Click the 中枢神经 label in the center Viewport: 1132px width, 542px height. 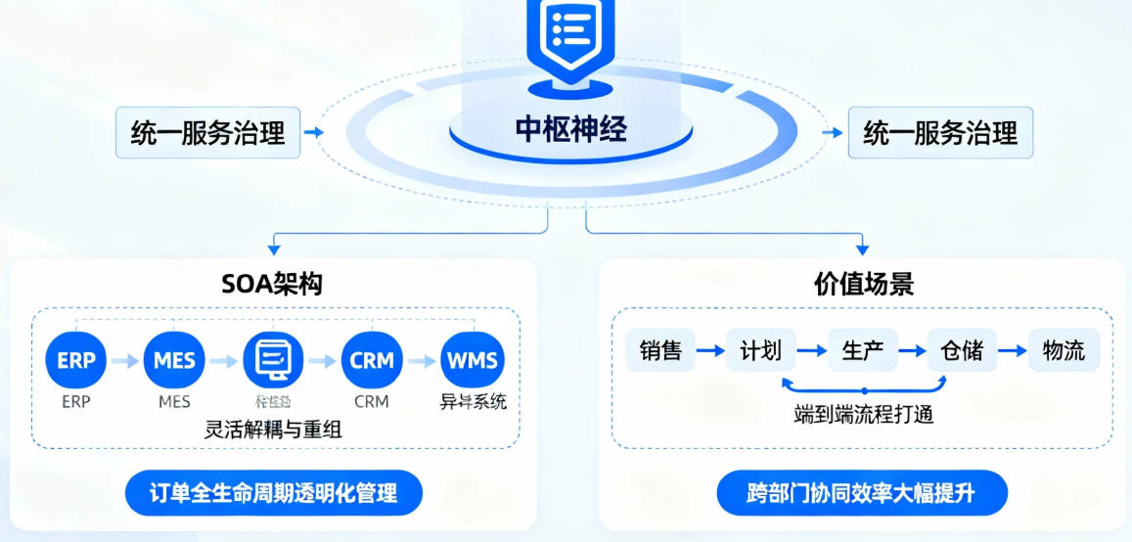click(x=570, y=130)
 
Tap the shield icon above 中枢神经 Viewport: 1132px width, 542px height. click(x=570, y=34)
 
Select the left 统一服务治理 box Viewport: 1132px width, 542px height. click(x=207, y=133)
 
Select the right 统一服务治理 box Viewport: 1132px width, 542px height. click(x=940, y=133)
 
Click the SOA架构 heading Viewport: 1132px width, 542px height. click(x=272, y=284)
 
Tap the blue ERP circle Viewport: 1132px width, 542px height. click(x=75, y=360)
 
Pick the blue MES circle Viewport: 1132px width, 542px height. click(x=174, y=360)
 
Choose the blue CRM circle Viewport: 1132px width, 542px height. click(x=372, y=360)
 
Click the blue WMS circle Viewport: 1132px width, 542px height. click(x=472, y=360)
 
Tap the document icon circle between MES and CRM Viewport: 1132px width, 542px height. click(x=273, y=360)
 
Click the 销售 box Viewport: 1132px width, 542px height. click(x=660, y=350)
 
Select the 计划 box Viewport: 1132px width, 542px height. click(x=761, y=350)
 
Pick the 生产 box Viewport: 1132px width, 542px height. click(x=863, y=350)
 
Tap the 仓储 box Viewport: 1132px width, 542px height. click(x=963, y=350)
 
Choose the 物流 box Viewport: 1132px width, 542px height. click(x=1064, y=350)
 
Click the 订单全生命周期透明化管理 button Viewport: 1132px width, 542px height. click(x=274, y=493)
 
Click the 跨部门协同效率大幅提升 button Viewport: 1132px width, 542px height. click(x=862, y=493)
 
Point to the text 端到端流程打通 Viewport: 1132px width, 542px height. click(x=863, y=414)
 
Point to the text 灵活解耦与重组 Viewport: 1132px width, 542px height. click(x=273, y=429)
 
